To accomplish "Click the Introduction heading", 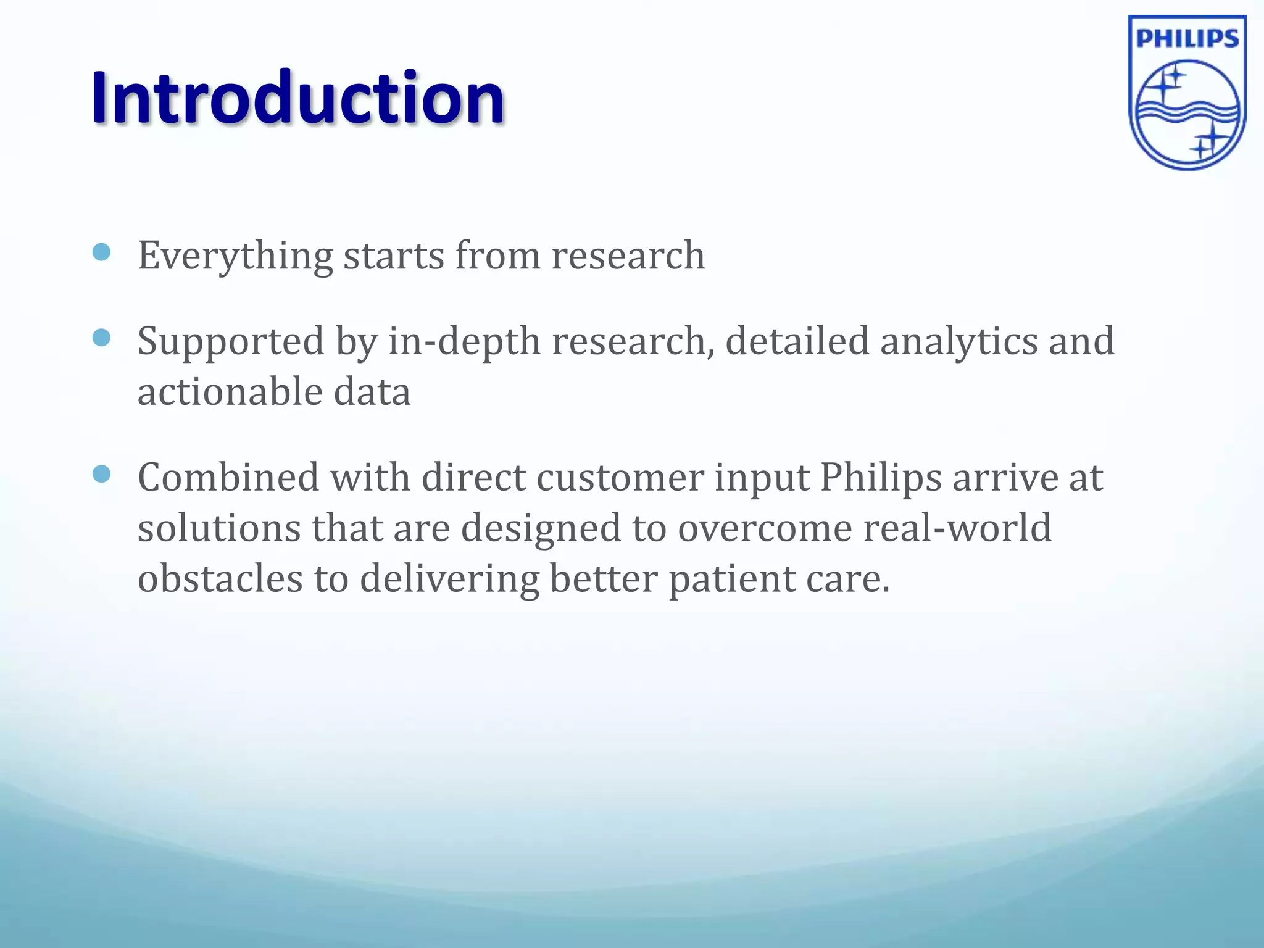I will (298, 98).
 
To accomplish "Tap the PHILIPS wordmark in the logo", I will (1187, 39).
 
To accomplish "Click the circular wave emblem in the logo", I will (1187, 114).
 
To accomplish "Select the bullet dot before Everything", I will (101, 252).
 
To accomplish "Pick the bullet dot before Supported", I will (101, 338).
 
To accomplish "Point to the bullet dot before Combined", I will (101, 474).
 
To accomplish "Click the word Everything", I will (235, 256).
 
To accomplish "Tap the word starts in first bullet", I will (393, 256).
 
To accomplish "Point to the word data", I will (372, 392).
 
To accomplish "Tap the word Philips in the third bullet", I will (880, 479).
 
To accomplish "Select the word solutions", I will (218, 528).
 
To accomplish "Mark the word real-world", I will (957, 528).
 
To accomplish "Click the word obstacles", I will (220, 579).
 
